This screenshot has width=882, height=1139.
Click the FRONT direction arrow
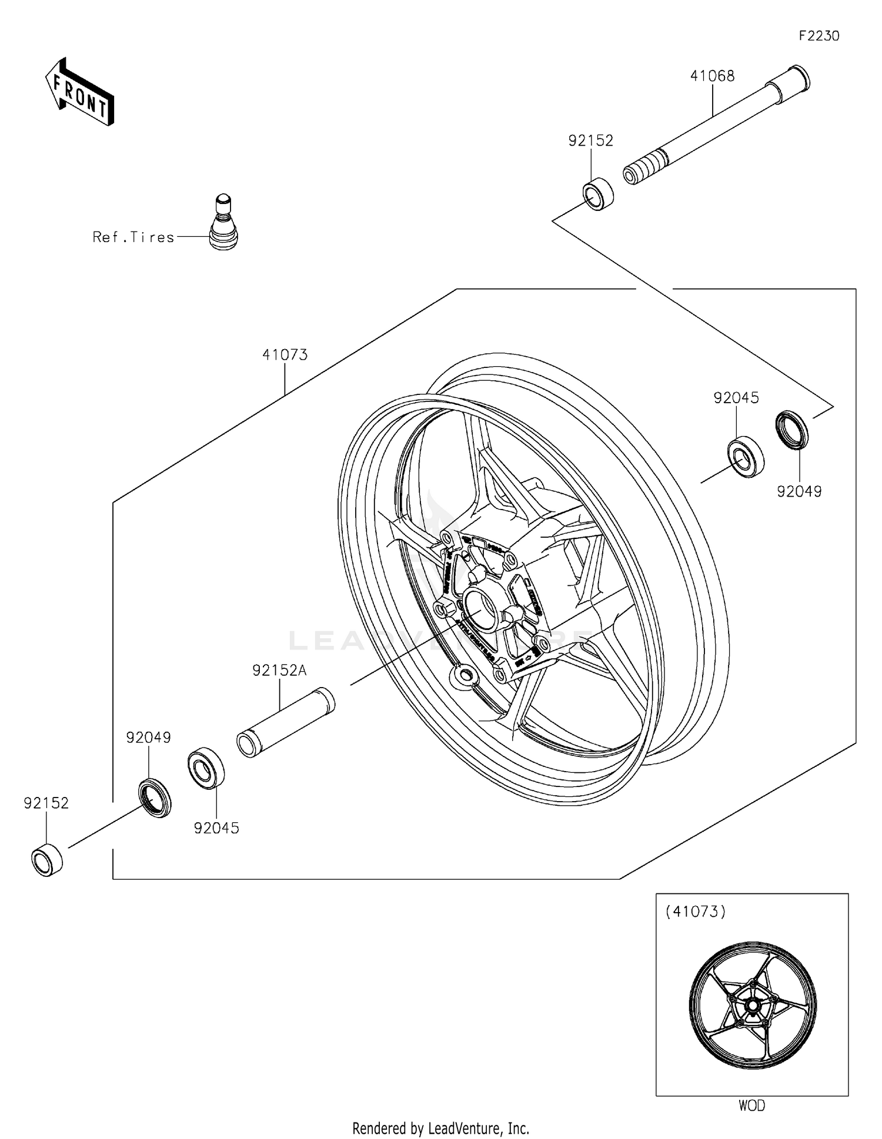(x=80, y=93)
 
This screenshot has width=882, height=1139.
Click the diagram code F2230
(x=818, y=36)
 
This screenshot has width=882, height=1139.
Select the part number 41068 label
(x=712, y=76)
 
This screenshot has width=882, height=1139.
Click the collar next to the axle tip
(x=598, y=193)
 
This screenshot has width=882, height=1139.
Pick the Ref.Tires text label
(x=133, y=237)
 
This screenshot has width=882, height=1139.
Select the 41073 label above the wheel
(x=285, y=355)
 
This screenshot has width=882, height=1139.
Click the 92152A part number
(x=279, y=671)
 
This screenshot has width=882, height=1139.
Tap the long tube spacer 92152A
(x=286, y=722)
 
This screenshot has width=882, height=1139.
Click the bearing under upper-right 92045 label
(x=745, y=456)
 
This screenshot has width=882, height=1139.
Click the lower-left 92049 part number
(x=148, y=738)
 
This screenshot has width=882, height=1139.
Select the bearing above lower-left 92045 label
(x=206, y=768)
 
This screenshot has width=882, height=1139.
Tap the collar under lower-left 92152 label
(x=47, y=860)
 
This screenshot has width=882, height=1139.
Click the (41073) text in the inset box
(x=695, y=912)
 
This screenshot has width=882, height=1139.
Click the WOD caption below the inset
(x=751, y=1105)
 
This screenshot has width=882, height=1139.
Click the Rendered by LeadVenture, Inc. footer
(x=440, y=1128)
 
